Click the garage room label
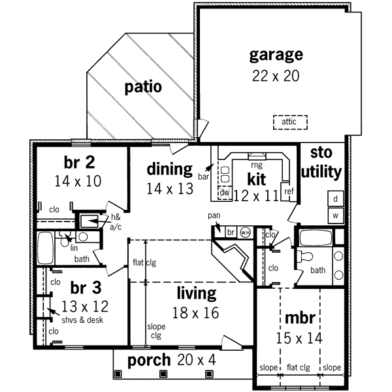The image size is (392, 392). coord(275,54)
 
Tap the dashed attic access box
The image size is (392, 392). coord(289,122)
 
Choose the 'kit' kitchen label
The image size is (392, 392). coord(255,178)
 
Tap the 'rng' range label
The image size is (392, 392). coord(256,165)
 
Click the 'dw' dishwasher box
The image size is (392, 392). coord(223,193)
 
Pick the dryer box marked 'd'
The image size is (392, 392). coord(335,199)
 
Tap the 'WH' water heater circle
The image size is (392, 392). coord(246,232)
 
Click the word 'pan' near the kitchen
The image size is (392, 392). coord(214,215)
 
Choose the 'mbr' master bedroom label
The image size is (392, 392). coord(301,319)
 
